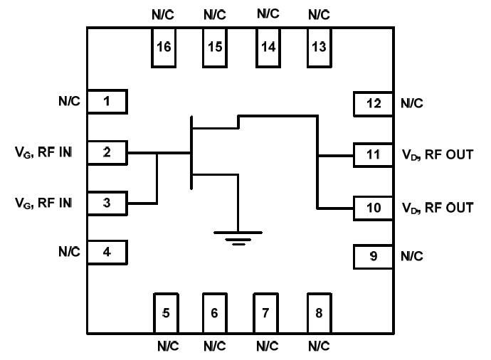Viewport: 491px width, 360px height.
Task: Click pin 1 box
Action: [107, 101]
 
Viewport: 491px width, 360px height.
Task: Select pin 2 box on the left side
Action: [107, 152]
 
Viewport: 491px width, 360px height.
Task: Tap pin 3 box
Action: [107, 203]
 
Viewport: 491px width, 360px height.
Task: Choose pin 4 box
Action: [107, 252]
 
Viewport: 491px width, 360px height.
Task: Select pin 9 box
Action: [374, 256]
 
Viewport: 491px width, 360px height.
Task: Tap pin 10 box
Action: [374, 208]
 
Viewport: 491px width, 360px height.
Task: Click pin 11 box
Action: [374, 154]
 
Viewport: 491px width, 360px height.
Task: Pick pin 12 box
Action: [374, 104]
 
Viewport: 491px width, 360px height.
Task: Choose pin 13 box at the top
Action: [319, 48]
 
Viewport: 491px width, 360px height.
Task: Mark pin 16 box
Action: [164, 48]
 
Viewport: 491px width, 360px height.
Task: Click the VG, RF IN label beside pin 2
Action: [43, 152]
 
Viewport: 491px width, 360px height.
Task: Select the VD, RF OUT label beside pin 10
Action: [438, 208]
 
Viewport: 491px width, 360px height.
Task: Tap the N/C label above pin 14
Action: [268, 14]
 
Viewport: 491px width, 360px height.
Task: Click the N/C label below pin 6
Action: [214, 347]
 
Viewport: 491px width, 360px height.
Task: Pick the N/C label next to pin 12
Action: [412, 104]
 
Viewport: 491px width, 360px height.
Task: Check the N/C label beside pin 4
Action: [69, 251]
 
